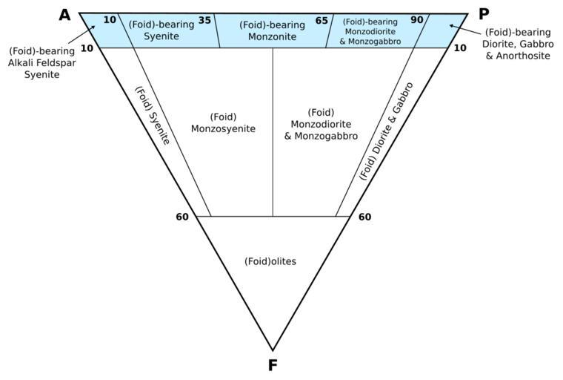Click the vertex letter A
[64, 15]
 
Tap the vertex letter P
[484, 15]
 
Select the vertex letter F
[273, 364]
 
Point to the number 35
[205, 20]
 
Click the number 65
[322, 20]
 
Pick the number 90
[417, 20]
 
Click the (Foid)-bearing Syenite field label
[161, 30]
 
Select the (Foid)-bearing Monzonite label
[272, 30]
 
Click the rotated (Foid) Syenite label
[153, 116]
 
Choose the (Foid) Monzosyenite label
[223, 122]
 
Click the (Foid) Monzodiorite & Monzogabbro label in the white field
[321, 124]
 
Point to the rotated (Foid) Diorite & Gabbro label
[386, 131]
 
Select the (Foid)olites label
[270, 261]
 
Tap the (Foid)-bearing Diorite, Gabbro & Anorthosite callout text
[519, 45]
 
